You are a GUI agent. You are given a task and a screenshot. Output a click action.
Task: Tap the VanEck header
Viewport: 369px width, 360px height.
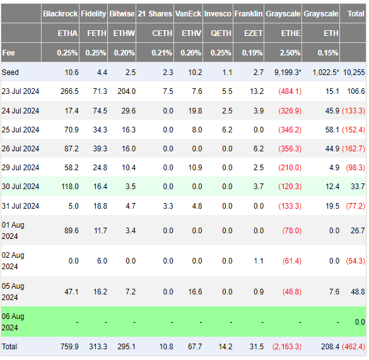[x=188, y=14]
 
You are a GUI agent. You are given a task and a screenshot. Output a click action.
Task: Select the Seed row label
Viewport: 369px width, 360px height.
[x=11, y=73]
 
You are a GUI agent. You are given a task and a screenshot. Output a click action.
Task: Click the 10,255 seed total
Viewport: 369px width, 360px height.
[x=354, y=73]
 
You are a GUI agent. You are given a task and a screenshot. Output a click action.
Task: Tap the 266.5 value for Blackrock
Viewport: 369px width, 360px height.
[x=69, y=91]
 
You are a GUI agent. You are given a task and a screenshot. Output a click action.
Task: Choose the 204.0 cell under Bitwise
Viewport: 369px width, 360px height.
[x=126, y=91]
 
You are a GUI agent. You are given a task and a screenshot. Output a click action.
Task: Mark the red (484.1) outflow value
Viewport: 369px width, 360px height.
[x=290, y=91]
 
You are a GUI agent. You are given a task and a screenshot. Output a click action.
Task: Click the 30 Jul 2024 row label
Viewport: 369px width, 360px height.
[x=20, y=187]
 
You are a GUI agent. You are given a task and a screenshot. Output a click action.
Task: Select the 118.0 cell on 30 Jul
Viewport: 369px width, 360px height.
[x=69, y=187]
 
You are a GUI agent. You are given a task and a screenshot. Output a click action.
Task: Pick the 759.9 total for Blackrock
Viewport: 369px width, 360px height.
[x=69, y=347]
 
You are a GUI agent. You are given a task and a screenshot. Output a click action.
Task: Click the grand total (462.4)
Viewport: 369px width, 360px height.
[x=353, y=347]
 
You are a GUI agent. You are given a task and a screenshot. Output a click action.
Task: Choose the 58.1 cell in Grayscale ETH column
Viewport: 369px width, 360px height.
[x=331, y=129]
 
